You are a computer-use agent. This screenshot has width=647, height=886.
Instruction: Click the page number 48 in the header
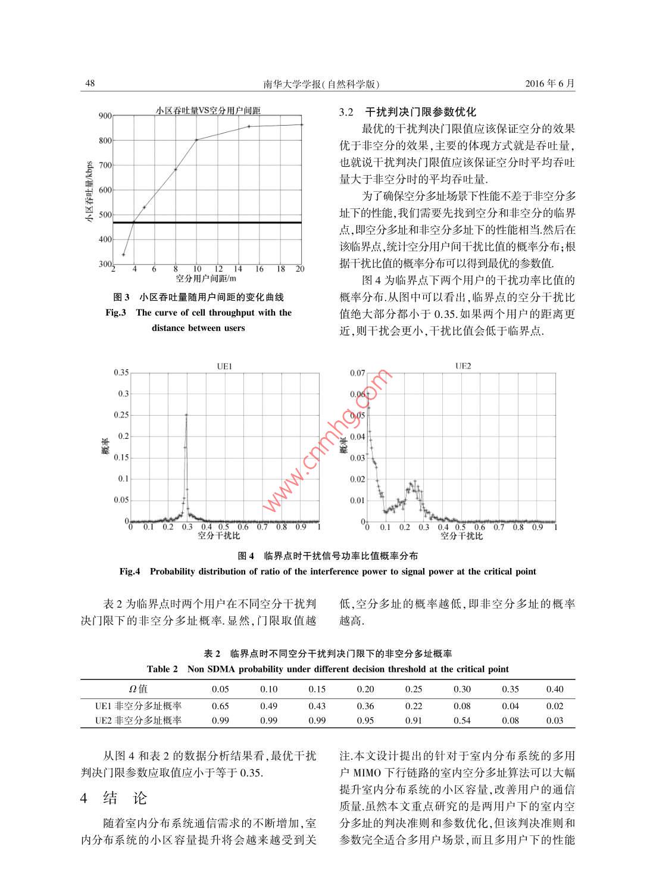(90, 83)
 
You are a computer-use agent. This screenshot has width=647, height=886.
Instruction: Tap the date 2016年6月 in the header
(550, 83)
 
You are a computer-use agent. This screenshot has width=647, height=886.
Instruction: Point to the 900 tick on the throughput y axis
(105, 116)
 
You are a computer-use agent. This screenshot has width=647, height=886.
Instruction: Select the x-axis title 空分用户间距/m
(206, 278)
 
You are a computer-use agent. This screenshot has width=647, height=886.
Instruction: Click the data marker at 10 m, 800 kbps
(196, 140)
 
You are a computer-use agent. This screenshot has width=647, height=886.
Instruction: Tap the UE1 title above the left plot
(224, 367)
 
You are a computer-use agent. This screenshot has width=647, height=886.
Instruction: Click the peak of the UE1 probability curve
(186, 415)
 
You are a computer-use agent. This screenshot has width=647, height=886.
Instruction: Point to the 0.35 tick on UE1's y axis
(121, 373)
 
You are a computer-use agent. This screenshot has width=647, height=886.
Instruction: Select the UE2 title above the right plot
(462, 366)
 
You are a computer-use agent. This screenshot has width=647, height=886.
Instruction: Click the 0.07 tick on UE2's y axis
(357, 373)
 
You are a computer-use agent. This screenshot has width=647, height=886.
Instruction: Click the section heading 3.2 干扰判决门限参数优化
(408, 112)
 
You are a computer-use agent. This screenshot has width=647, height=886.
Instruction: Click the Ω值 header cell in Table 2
(138, 689)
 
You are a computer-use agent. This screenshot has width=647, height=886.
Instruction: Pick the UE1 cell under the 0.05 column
(220, 706)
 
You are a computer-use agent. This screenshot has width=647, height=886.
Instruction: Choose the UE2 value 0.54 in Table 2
(462, 720)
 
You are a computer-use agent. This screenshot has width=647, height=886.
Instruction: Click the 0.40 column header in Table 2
(555, 689)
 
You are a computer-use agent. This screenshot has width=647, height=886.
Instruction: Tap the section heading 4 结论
(114, 798)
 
